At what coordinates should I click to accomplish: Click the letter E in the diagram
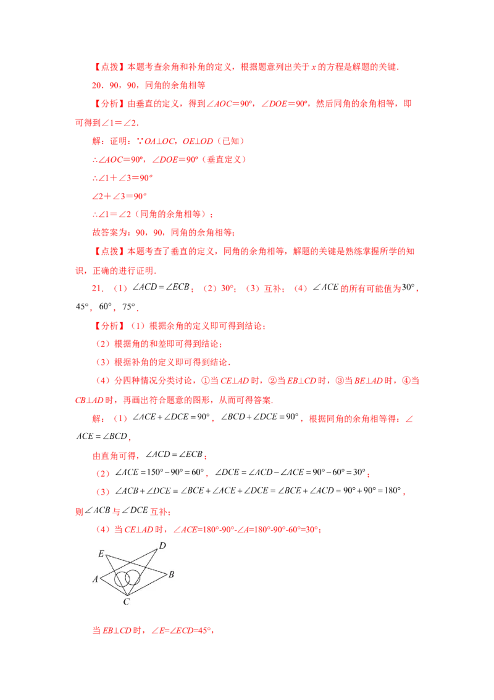coord(101,554)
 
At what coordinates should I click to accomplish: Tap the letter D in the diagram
coord(162,545)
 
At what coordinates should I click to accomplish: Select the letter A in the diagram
coord(95,580)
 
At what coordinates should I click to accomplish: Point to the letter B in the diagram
coord(171,574)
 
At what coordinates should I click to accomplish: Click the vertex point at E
coord(106,556)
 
